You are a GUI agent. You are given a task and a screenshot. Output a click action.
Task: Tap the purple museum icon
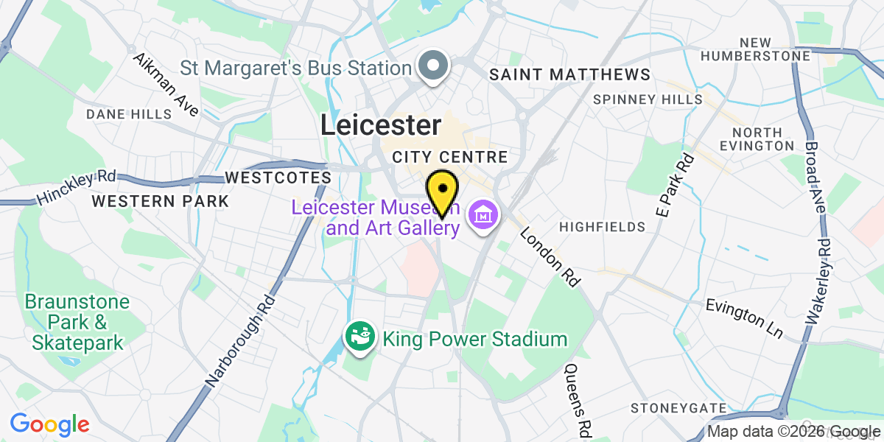click(485, 217)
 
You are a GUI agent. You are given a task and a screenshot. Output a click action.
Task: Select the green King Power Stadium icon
click(359, 340)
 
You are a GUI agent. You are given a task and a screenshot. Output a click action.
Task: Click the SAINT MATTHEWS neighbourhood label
click(569, 74)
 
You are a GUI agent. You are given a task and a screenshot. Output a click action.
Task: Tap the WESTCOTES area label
click(278, 178)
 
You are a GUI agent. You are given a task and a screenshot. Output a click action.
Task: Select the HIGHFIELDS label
click(596, 227)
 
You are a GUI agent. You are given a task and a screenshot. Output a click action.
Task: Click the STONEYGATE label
click(678, 408)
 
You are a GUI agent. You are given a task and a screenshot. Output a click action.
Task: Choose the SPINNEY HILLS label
click(648, 99)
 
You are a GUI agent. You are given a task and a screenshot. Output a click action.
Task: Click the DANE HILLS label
click(129, 114)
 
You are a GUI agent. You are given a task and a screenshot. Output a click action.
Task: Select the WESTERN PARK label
click(160, 201)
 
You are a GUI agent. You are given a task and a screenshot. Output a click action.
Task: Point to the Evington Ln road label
click(743, 318)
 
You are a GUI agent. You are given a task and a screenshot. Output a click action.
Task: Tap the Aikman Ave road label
click(166, 85)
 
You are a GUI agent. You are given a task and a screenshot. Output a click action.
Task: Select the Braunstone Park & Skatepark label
click(77, 322)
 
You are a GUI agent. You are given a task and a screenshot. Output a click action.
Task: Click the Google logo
click(49, 424)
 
